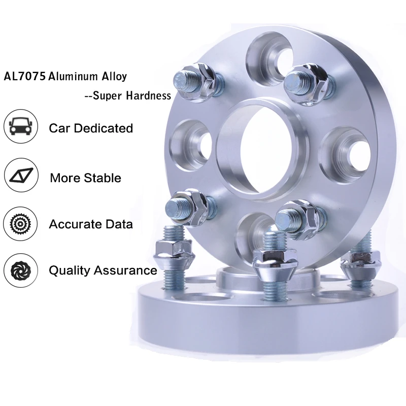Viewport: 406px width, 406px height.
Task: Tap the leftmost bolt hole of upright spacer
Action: point(190,144)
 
